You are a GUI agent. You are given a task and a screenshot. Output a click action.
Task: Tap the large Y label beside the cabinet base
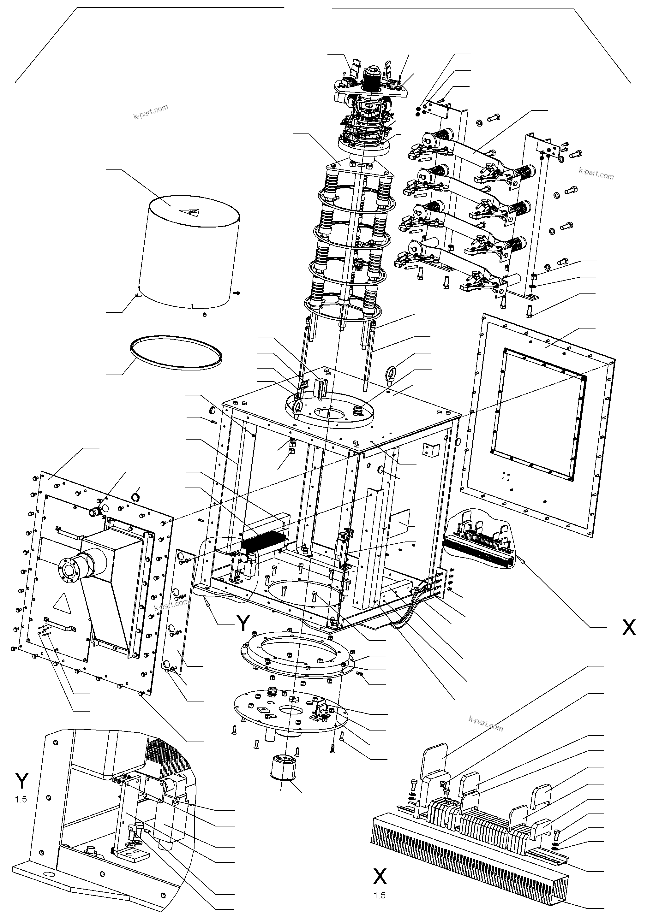point(243,623)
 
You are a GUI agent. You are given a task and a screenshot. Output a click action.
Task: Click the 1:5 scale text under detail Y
point(21,800)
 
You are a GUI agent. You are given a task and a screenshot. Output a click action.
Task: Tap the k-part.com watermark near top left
point(150,112)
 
